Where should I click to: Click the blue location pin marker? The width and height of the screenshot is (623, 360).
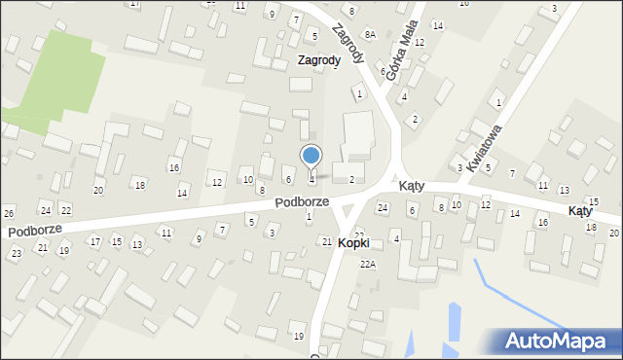pyautogui.click(x=311, y=156)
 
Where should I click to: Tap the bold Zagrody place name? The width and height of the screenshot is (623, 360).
pyautogui.click(x=319, y=59)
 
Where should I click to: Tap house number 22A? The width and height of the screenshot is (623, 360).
pyautogui.click(x=367, y=264)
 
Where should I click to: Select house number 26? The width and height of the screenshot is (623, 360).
pyautogui.click(x=9, y=213)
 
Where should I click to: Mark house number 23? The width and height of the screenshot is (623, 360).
pyautogui.click(x=16, y=253)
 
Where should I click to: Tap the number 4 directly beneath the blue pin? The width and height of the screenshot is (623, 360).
pyautogui.click(x=311, y=179)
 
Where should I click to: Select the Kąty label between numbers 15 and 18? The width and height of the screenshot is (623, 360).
pyautogui.click(x=581, y=210)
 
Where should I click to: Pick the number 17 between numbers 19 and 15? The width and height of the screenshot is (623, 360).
pyautogui.click(x=94, y=240)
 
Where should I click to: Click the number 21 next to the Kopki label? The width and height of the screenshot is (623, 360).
pyautogui.click(x=326, y=241)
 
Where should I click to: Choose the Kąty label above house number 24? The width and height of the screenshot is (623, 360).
pyautogui.click(x=409, y=185)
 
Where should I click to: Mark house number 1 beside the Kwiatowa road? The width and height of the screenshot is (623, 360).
pyautogui.click(x=498, y=102)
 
